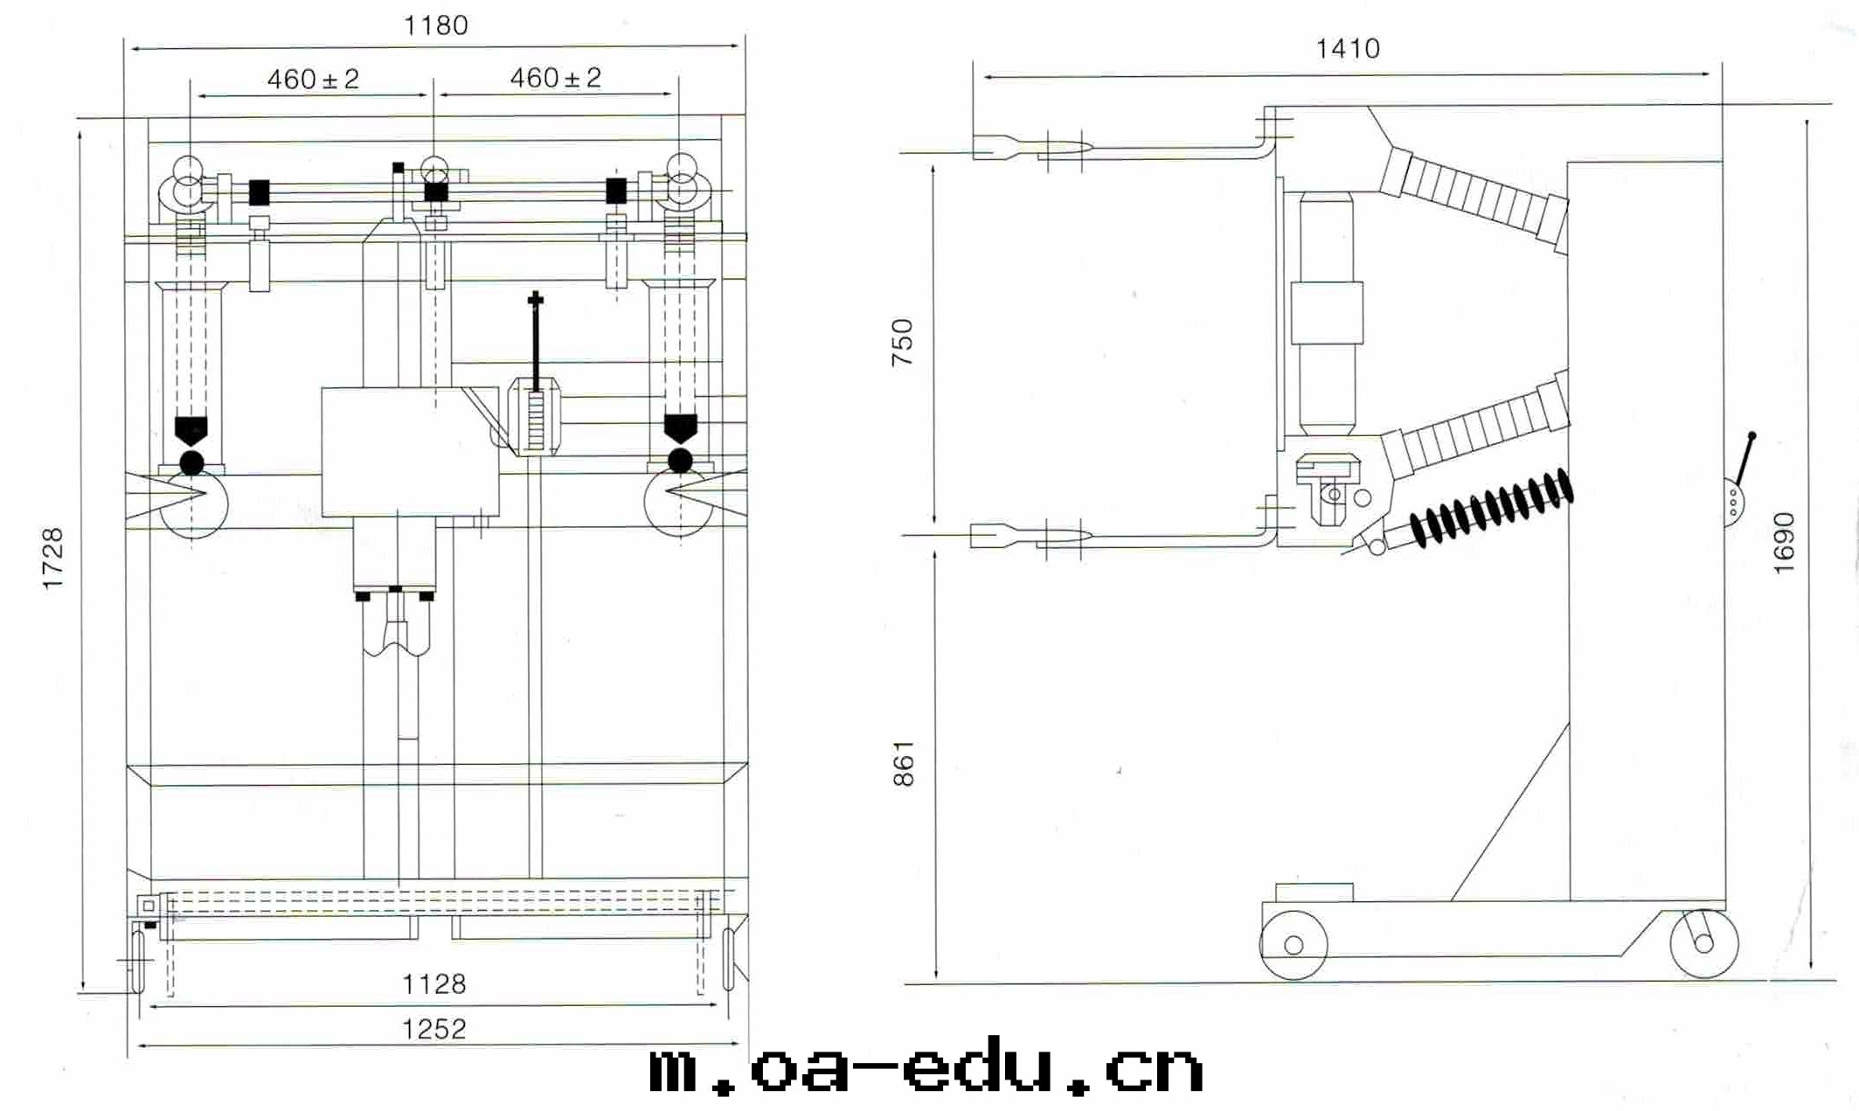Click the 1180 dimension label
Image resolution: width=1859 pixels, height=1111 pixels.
coord(435,25)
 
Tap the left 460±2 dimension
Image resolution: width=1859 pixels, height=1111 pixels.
coord(313,80)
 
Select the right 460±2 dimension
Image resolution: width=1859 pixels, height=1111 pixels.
coord(556,78)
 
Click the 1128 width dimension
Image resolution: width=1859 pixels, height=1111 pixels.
coord(434,984)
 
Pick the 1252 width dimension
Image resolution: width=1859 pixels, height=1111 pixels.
coord(434,1029)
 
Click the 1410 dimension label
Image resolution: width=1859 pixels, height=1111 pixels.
coord(1349,48)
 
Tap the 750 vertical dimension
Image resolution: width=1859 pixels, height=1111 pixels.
coord(903,342)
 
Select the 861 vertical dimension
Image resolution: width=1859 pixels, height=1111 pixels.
coord(904,763)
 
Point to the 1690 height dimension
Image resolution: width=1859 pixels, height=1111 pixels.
coord(1784,543)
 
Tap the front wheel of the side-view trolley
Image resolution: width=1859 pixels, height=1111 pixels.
coord(1294,945)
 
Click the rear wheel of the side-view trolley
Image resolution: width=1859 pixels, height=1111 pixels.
coord(1703,943)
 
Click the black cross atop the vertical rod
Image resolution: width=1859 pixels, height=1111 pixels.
coord(536,301)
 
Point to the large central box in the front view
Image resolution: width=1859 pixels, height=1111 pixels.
coord(410,452)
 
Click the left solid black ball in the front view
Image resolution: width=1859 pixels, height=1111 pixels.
coord(191,462)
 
